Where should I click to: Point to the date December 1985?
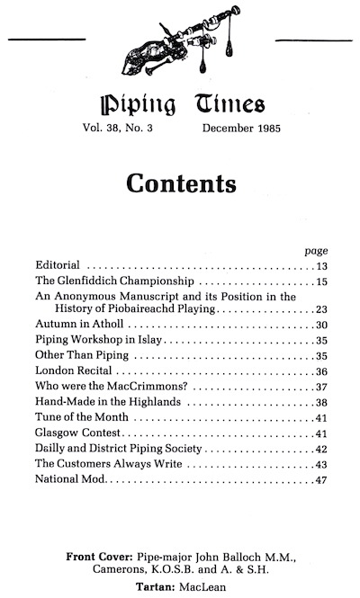point(241,129)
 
